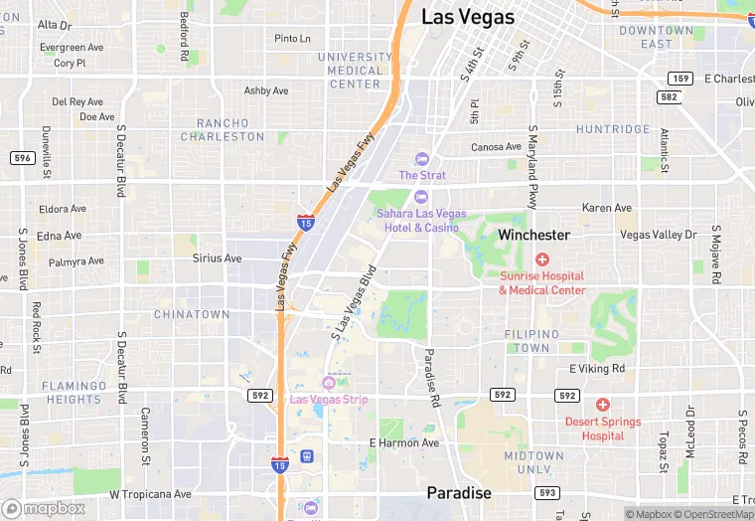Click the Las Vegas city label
(468, 17)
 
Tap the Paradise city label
(459, 493)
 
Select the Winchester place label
(533, 236)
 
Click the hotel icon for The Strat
(421, 159)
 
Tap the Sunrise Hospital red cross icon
(542, 260)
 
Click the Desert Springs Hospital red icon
(602, 405)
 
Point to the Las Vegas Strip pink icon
(329, 383)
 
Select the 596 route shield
(23, 158)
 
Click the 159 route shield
(680, 78)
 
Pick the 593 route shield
(546, 492)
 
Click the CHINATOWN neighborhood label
(192, 314)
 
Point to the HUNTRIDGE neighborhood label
(613, 129)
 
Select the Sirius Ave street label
(217, 259)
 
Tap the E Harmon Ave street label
(403, 442)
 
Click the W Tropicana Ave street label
(150, 494)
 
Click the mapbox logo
(44, 508)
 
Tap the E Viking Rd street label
(597, 369)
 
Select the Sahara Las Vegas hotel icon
(421, 197)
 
